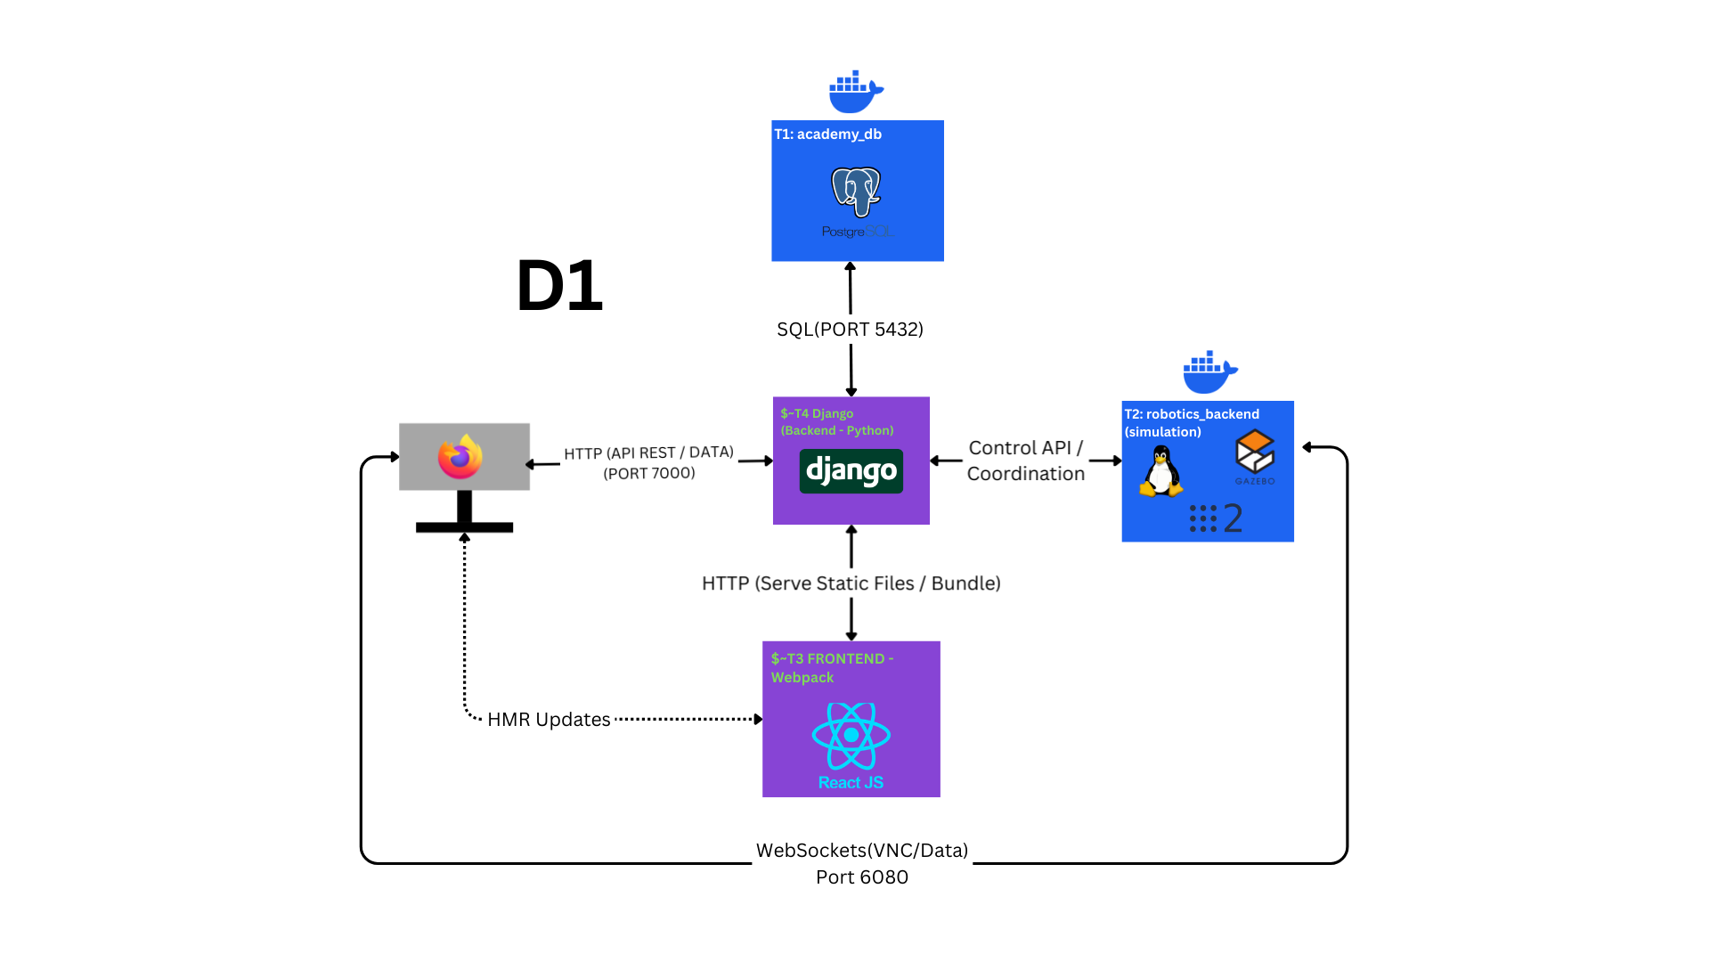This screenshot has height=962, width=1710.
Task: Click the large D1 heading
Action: [559, 286]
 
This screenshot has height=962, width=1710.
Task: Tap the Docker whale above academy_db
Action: [855, 92]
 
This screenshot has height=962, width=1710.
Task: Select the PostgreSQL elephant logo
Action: [856, 192]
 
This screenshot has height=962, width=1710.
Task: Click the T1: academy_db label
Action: [827, 135]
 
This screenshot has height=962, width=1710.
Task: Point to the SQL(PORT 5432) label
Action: [850, 330]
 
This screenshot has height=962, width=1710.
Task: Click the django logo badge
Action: [851, 471]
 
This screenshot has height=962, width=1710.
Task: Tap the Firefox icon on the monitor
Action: [460, 457]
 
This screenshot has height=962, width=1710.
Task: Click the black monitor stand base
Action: [464, 527]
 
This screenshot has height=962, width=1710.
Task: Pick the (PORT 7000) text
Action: [648, 474]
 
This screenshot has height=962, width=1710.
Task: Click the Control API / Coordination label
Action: [1025, 461]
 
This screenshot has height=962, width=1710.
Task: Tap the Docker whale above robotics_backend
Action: [1209, 372]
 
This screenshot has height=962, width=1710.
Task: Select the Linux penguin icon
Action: [1160, 471]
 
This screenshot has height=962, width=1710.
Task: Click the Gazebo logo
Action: [1255, 456]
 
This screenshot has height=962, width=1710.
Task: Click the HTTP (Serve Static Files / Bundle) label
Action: [851, 583]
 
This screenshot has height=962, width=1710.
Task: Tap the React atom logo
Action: [851, 736]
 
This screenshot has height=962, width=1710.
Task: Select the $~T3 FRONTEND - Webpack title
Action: [832, 668]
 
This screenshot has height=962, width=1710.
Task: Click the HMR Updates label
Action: [549, 720]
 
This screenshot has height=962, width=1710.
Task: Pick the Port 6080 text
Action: [861, 877]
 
